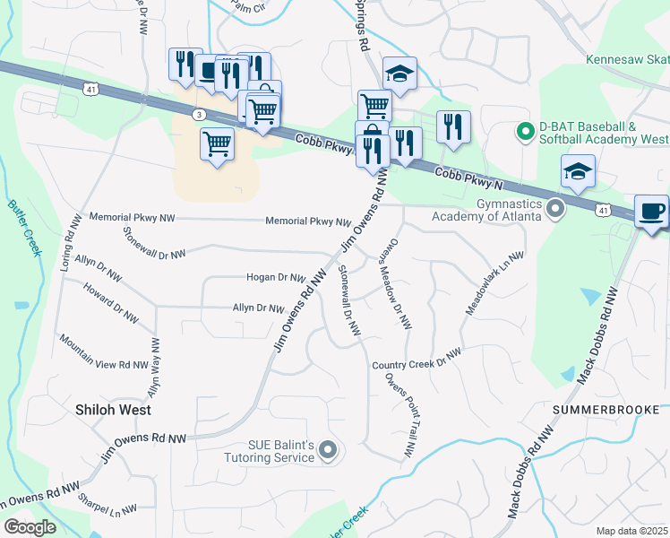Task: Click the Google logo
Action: click(x=30, y=527)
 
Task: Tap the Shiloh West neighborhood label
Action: click(x=112, y=410)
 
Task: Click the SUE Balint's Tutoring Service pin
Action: click(x=328, y=449)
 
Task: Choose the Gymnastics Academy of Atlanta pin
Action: click(x=555, y=209)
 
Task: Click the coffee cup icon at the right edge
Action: click(x=652, y=212)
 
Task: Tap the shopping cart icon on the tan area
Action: click(x=217, y=143)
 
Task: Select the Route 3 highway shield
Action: click(x=198, y=114)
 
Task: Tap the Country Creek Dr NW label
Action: click(x=417, y=358)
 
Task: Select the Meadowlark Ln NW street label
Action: click(x=494, y=282)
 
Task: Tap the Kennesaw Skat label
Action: click(x=627, y=61)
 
